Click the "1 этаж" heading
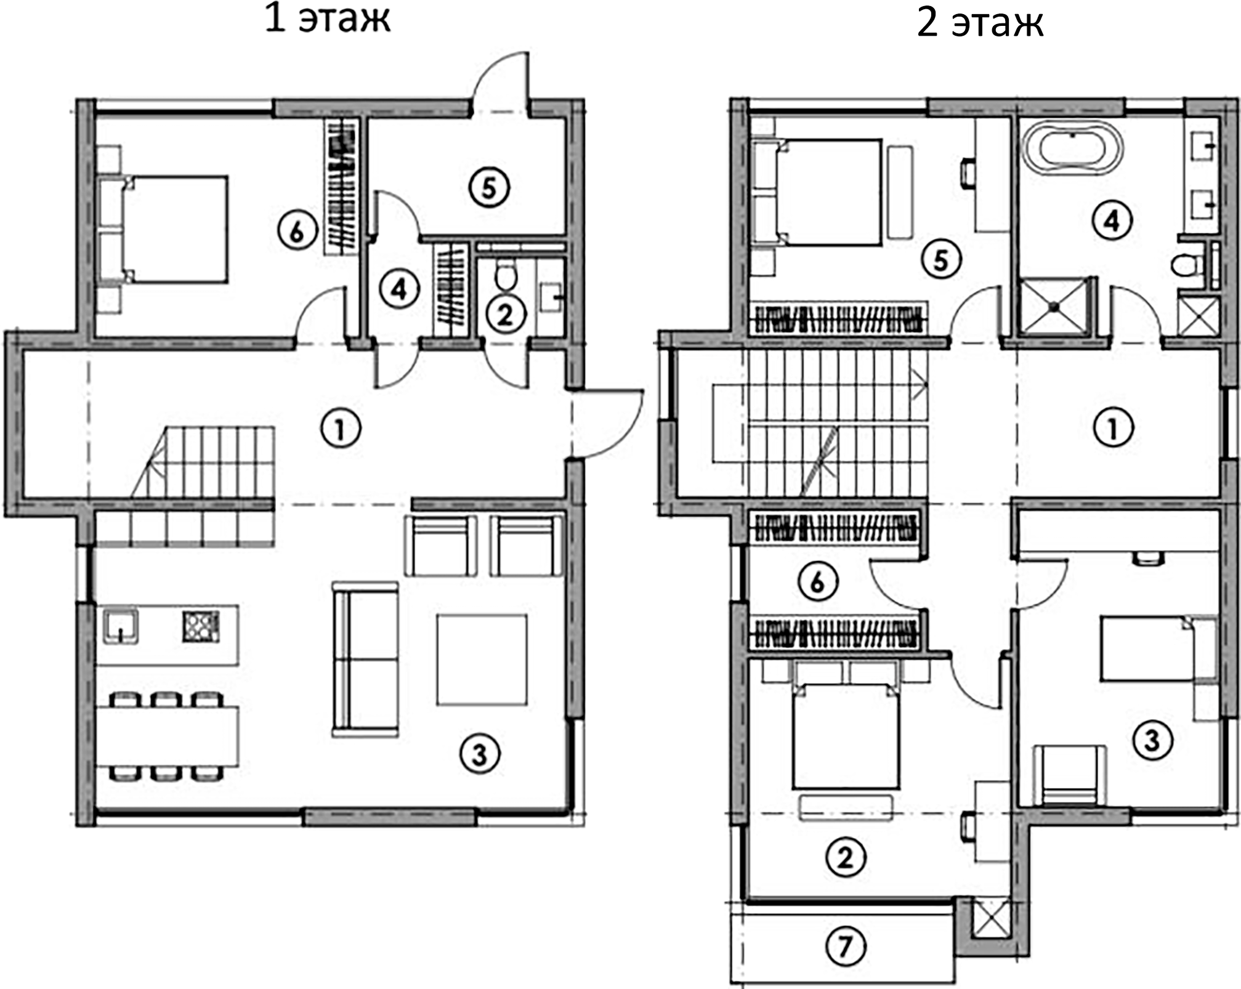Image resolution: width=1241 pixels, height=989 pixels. click(x=327, y=20)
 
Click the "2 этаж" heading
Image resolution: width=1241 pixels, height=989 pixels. click(x=980, y=25)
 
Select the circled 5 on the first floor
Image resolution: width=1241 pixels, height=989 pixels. click(x=489, y=188)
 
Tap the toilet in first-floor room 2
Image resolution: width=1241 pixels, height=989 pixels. click(x=507, y=277)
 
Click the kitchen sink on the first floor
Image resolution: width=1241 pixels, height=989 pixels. click(x=121, y=626)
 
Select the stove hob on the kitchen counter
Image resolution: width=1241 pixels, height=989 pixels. click(x=201, y=626)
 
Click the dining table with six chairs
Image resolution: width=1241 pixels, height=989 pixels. click(x=167, y=735)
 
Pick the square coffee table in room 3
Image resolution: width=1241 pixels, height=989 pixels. click(x=482, y=660)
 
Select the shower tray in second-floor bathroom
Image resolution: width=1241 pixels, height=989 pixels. click(x=1054, y=305)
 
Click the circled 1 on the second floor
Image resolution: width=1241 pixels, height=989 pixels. click(x=1113, y=427)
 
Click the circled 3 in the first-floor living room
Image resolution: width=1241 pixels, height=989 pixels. click(x=480, y=754)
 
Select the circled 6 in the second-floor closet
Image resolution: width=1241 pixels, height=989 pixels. click(x=817, y=581)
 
